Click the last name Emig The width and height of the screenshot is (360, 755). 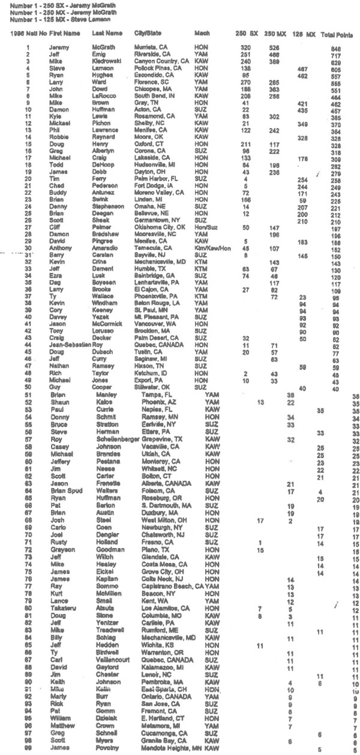pos(100,53)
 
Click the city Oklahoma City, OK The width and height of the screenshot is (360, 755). pos(158,228)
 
